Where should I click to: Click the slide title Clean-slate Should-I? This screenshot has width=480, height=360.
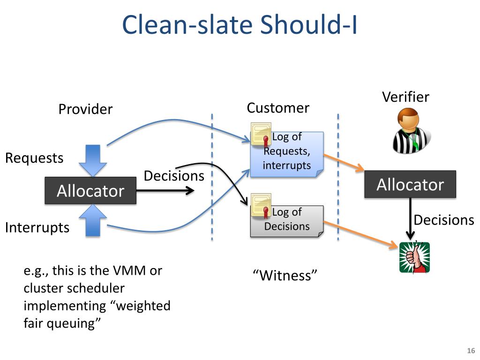(240, 24)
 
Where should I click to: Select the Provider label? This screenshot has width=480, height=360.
(85, 109)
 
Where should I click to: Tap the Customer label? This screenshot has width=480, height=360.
(278, 108)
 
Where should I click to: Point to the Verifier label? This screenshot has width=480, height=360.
(405, 97)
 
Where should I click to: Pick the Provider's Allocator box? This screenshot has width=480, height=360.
(90, 190)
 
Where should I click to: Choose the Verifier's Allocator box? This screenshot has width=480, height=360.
(410, 184)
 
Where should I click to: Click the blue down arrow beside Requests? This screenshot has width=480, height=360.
(93, 160)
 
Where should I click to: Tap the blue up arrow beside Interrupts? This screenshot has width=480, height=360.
(93, 220)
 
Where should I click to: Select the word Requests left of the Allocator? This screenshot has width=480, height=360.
(34, 158)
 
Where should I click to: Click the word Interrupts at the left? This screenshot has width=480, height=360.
(37, 228)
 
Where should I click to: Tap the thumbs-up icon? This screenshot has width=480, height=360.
(414, 257)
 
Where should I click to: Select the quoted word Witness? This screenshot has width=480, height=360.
(285, 276)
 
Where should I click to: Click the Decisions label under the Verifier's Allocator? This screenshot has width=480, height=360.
(444, 220)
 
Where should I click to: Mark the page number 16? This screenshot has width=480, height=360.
(471, 351)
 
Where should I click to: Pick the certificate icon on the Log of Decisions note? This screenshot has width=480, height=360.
(261, 205)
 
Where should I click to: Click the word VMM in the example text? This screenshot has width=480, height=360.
(129, 270)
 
